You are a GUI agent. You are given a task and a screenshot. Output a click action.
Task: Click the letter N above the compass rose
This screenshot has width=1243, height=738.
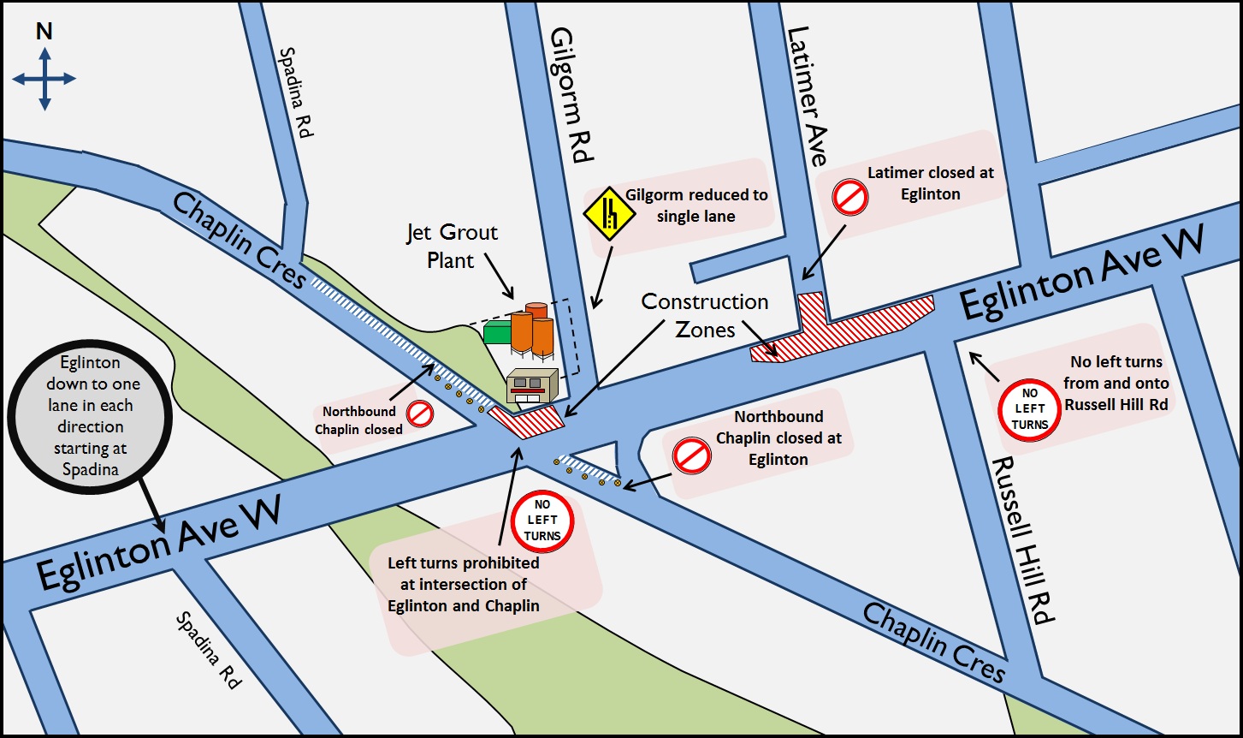(44, 33)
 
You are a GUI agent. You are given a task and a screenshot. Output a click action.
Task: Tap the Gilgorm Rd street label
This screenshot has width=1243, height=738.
(571, 95)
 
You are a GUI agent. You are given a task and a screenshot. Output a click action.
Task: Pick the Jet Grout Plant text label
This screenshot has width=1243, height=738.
(452, 246)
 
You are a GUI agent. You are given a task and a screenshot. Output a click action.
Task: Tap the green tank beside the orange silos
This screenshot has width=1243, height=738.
(497, 331)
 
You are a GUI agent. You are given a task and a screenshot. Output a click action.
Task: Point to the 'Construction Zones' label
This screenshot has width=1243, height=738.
(705, 315)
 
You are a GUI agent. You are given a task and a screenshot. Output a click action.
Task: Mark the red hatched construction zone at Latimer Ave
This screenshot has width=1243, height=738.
(843, 327)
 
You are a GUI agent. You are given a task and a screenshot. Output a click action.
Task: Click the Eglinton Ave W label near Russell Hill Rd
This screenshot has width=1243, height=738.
(1081, 273)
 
